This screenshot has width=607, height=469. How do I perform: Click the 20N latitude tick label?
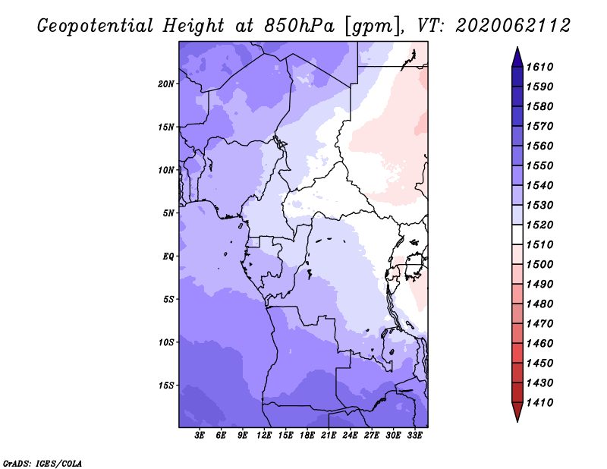coord(166,84)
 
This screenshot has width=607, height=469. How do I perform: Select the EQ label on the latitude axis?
coord(168,257)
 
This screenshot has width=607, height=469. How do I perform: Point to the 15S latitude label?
coord(166,386)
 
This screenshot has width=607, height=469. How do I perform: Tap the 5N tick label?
coord(168,213)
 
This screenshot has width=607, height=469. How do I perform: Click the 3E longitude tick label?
coord(200,435)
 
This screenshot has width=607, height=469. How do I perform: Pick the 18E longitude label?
coord(307,435)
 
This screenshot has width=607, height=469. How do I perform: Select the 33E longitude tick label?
coord(414,435)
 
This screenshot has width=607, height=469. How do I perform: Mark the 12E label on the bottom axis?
coord(264,435)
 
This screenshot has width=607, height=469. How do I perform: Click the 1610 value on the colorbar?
coord(539,67)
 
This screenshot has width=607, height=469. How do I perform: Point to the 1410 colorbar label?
coord(539,403)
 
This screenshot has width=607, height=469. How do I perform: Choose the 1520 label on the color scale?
coord(539,225)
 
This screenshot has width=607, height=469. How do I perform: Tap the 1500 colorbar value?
coord(539,265)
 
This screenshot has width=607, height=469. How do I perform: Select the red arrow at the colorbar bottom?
coord(517,411)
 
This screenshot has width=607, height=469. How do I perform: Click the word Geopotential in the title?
coord(96,27)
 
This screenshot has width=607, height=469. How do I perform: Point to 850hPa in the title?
coord(299,26)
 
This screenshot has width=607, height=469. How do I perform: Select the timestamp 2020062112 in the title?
coord(513,26)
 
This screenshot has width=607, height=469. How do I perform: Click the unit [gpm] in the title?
coord(373,27)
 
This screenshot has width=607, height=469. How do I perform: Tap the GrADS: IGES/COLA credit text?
coord(42,464)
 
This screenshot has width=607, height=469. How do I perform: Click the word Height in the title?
coord(193,27)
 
